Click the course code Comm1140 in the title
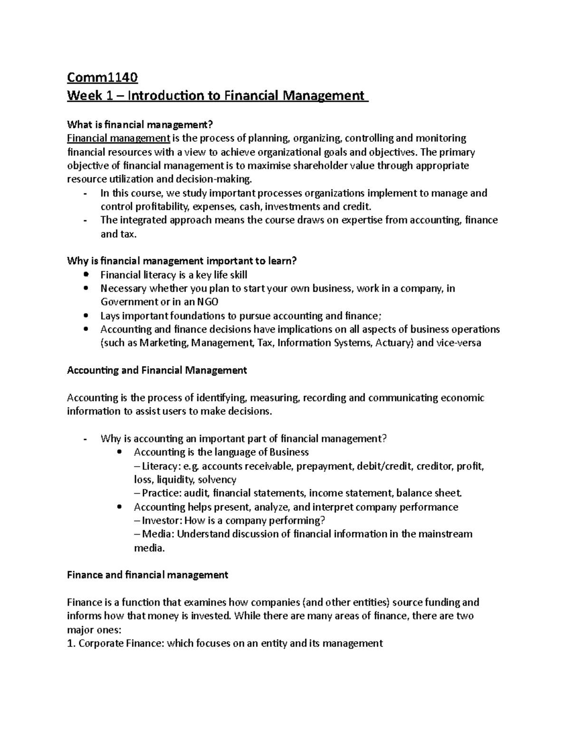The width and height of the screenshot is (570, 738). (102, 77)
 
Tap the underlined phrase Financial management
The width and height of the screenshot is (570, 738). (118, 138)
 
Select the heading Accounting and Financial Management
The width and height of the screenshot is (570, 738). (157, 371)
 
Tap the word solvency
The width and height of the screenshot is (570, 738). (217, 480)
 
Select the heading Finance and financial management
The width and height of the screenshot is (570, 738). (147, 575)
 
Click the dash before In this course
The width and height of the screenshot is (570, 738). (85, 193)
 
